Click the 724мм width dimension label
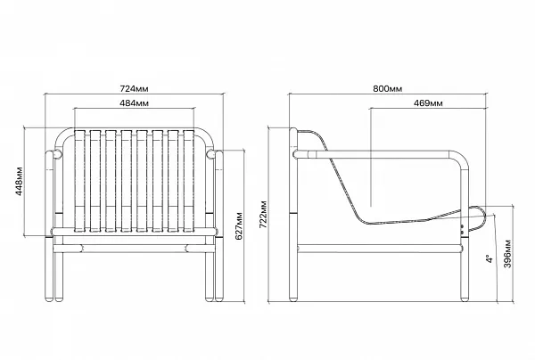pyautogui.click(x=134, y=88)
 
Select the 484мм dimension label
pyautogui.click(x=134, y=103)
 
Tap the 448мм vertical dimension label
pyautogui.click(x=19, y=181)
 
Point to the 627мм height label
pyautogui.click(x=239, y=225)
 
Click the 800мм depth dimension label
pyautogui.click(x=388, y=88)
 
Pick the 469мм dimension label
pyautogui.click(x=428, y=103)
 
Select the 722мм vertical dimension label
pyautogui.click(x=263, y=214)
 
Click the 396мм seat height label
pyautogui.click(x=507, y=254)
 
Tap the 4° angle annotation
pyautogui.click(x=490, y=258)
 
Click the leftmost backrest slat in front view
pyautogui.click(x=79, y=181)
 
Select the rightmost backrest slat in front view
pyautogui.click(x=189, y=181)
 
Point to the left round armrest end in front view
pyautogui.click(x=57, y=154)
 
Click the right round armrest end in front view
pyautogui.click(x=211, y=154)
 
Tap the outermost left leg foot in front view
pyautogui.click(x=49, y=299)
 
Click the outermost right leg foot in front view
pyautogui.click(x=219, y=299)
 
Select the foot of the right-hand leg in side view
pyautogui.click(x=465, y=299)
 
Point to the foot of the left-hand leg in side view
pyautogui.click(x=293, y=299)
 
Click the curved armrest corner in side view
pyautogui.click(x=460, y=159)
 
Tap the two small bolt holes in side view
pyautogui.click(x=463, y=229)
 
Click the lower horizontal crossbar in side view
pyautogui.click(x=380, y=249)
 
